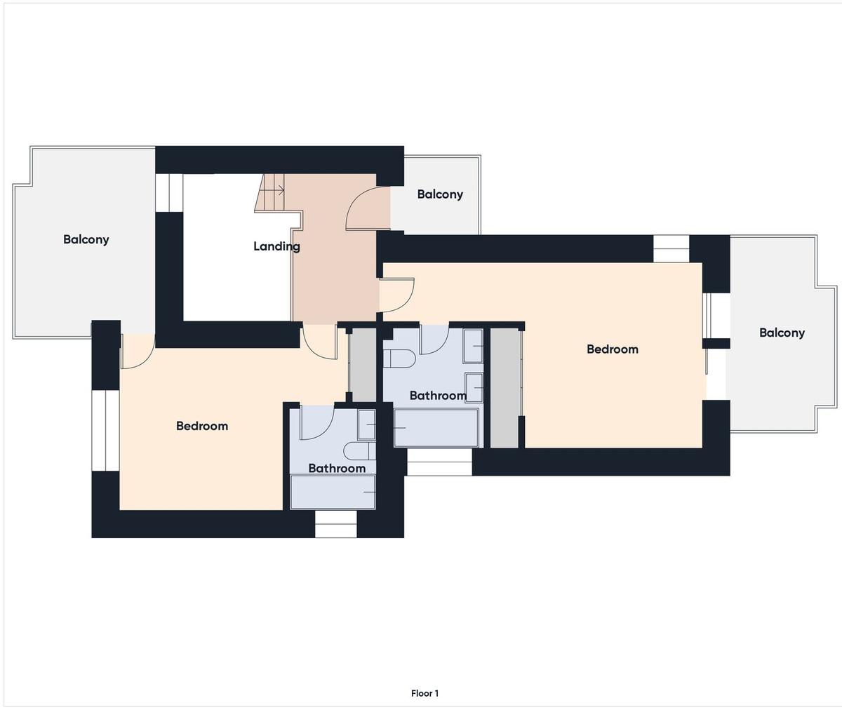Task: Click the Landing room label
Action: click(x=276, y=246)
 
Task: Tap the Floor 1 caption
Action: click(x=425, y=693)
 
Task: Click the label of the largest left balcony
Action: click(x=86, y=239)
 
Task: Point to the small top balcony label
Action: click(x=440, y=194)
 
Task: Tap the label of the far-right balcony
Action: click(x=782, y=333)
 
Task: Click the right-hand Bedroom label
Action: click(x=612, y=349)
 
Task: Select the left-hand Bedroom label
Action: click(x=202, y=426)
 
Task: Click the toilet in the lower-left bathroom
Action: click(x=360, y=450)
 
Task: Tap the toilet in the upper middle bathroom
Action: click(x=399, y=359)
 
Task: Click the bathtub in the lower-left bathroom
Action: click(x=333, y=492)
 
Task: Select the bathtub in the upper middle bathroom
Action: click(x=436, y=427)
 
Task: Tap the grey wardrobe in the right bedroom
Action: click(x=504, y=387)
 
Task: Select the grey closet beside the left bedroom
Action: click(x=363, y=365)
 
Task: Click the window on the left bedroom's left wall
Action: click(x=105, y=430)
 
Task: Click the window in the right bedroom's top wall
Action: click(x=671, y=249)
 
